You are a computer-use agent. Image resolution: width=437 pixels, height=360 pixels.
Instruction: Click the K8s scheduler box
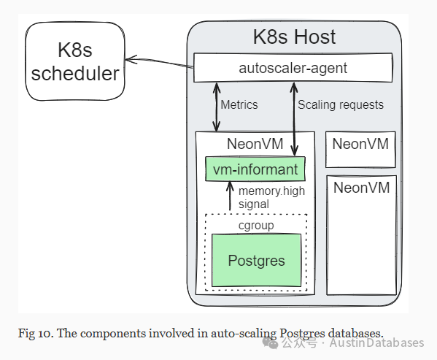(x=75, y=61)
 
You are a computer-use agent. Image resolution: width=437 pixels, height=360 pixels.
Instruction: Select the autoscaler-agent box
(x=293, y=68)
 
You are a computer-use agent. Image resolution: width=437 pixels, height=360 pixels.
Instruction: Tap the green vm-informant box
(x=255, y=169)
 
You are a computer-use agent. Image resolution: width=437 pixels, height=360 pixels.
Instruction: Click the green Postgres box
(x=256, y=261)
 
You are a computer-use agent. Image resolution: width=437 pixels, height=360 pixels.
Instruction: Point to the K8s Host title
(x=294, y=37)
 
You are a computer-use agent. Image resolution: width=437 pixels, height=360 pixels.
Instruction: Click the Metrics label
(x=239, y=105)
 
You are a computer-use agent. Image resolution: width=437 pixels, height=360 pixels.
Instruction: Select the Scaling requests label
(x=341, y=105)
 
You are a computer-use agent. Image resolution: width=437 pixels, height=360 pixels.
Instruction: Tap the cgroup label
(x=256, y=226)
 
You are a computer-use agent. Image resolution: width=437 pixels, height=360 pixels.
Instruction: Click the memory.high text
(x=271, y=191)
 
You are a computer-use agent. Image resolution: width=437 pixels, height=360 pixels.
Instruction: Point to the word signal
(x=254, y=204)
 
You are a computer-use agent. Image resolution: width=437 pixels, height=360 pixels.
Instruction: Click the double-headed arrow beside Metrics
(x=217, y=107)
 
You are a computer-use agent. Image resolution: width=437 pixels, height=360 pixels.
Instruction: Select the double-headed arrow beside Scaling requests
(x=294, y=119)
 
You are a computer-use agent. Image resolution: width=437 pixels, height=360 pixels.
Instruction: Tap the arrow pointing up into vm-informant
(x=230, y=196)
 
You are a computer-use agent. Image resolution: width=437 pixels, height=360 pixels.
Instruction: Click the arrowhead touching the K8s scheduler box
(x=131, y=59)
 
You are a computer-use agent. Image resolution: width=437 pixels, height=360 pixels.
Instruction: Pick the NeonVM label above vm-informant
(x=255, y=144)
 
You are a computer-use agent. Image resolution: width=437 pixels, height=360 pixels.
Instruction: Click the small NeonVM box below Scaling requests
(x=360, y=150)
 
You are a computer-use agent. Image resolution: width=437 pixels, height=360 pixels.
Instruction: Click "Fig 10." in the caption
(x=36, y=333)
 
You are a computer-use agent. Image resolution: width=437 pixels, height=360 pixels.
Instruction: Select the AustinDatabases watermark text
(x=376, y=342)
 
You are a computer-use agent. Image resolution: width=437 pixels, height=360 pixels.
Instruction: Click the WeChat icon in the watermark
(x=270, y=343)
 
